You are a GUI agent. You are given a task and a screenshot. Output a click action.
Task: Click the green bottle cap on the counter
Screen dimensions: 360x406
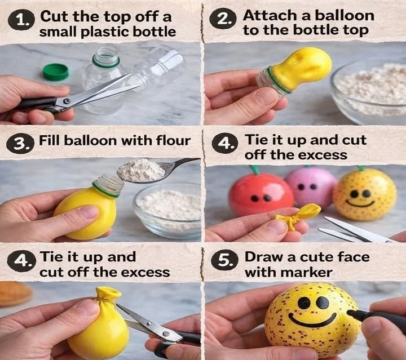(55, 72)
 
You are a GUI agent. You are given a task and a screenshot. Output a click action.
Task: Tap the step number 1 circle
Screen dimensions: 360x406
(21, 22)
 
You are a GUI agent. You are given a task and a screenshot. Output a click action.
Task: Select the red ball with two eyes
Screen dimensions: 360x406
(261, 194)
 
